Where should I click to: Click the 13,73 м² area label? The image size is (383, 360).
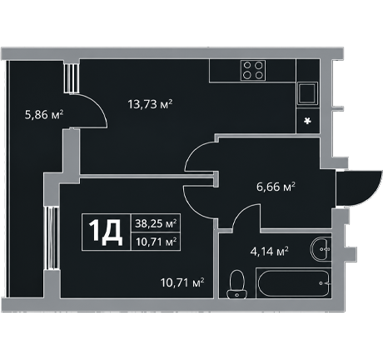(150, 104)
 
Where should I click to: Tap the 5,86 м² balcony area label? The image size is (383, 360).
(44, 114)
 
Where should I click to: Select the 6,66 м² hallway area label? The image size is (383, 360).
(276, 187)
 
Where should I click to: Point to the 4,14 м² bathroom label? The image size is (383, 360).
(269, 252)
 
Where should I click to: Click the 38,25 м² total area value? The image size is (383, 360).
(156, 223)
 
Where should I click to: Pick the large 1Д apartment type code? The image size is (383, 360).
(106, 232)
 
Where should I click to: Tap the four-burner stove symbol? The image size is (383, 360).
(253, 70)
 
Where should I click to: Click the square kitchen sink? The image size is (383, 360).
(307, 93)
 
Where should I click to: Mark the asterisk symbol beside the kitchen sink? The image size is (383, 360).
(307, 121)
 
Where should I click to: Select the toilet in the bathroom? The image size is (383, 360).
(236, 284)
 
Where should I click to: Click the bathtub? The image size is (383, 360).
(294, 283)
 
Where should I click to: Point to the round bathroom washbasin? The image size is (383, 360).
(321, 249)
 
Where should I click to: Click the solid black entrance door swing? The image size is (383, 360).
(358, 188)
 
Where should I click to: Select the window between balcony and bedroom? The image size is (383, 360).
(52, 238)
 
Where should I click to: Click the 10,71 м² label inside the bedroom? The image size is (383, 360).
(182, 282)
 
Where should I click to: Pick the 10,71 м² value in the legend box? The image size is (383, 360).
(156, 242)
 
